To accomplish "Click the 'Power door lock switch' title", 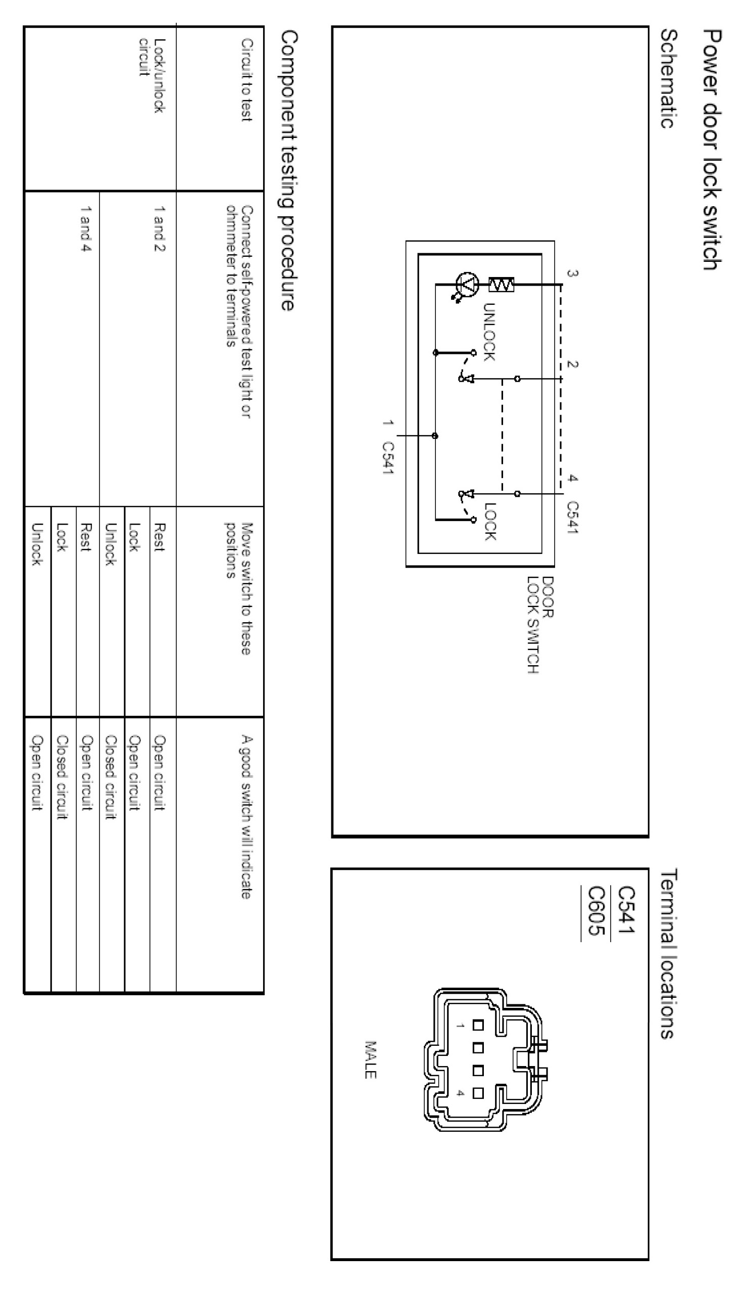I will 713,149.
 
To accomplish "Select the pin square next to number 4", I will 478,1093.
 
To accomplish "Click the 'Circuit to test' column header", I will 247,79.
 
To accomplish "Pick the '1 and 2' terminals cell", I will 159,229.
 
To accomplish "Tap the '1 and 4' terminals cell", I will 86,229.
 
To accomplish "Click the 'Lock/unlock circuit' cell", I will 152,75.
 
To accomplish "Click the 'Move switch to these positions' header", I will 239,588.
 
